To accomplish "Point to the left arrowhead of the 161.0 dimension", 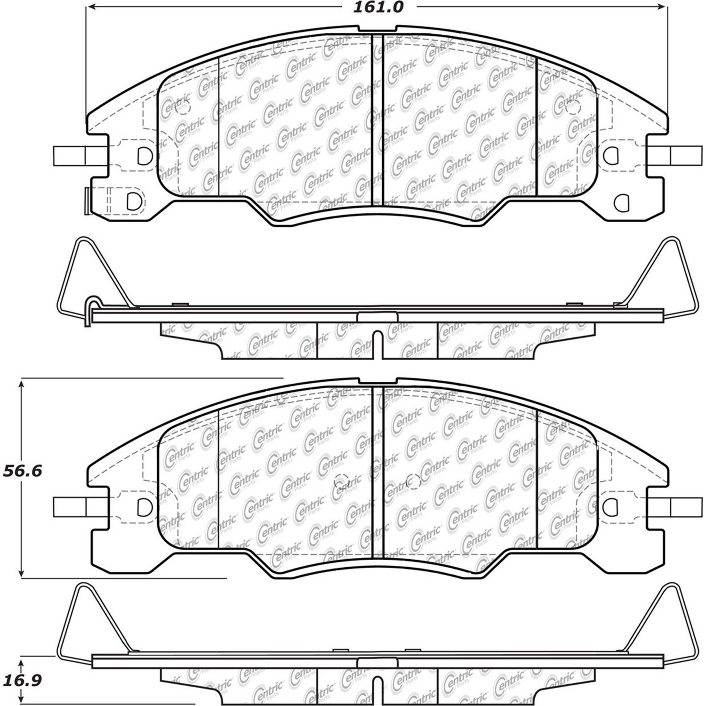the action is point(91,7).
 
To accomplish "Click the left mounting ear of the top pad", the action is point(71,156).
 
